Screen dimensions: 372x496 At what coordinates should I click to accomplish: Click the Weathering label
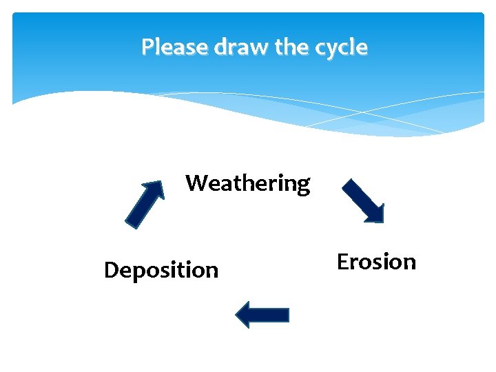pyautogui.click(x=248, y=183)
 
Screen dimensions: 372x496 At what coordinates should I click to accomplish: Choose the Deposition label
pyautogui.click(x=161, y=270)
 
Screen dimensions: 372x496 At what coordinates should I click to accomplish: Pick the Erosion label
pyautogui.click(x=376, y=262)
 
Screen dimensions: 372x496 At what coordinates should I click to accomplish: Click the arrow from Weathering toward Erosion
pyautogui.click(x=364, y=200)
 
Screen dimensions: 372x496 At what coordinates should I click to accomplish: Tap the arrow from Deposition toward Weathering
pyautogui.click(x=145, y=203)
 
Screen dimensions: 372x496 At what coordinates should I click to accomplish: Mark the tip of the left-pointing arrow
pyautogui.click(x=238, y=315)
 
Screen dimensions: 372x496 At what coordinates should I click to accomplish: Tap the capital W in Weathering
pyautogui.click(x=197, y=183)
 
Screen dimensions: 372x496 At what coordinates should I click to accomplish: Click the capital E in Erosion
pyautogui.click(x=343, y=262)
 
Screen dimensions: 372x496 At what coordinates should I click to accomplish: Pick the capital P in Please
pyautogui.click(x=147, y=47)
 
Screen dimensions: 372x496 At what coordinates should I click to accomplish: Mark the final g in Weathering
pyautogui.click(x=303, y=187)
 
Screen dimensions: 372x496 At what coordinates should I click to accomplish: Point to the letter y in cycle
pyautogui.click(x=333, y=50)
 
